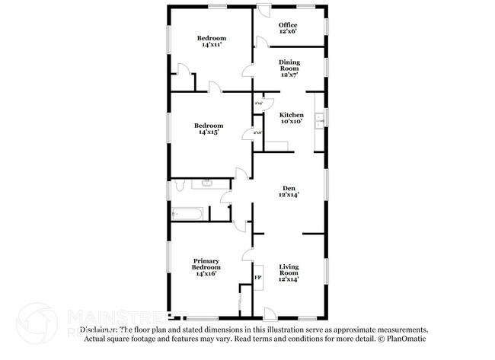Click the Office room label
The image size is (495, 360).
287,25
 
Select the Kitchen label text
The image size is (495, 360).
291,115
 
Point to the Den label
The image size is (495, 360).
288,188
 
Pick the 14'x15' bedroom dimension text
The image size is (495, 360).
208,132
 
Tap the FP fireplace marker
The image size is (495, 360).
257,278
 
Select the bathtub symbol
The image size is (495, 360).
187,214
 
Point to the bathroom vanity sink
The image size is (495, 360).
207,183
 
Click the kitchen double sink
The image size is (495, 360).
324,118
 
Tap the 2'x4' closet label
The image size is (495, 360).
259,103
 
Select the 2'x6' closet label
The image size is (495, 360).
257,132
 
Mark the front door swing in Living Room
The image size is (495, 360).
270,312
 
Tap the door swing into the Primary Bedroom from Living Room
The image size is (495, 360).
247,253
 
